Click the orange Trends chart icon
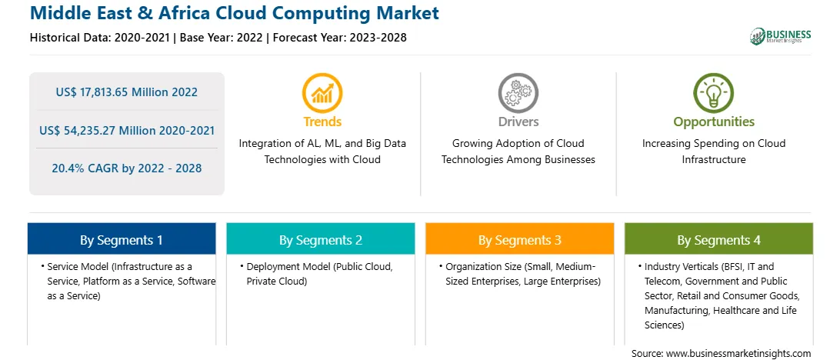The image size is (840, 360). pos(322,92)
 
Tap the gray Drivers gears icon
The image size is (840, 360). pos(518,92)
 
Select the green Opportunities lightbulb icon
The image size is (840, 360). pos(714,92)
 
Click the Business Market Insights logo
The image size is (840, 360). pos(781,36)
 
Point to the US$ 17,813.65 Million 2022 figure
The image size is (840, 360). pos(126,92)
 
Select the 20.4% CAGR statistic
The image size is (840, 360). pos(126,168)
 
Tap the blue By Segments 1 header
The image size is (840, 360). pos(122,239)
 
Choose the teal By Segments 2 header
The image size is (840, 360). pos(320,239)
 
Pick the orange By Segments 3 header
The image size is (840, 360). pos(520,239)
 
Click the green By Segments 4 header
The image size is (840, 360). pos(719,239)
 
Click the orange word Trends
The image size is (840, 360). pos(322,122)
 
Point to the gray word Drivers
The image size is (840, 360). pos(518,122)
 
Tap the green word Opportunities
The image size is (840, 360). pos(714,122)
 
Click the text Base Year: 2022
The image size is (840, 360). pos(222,38)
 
